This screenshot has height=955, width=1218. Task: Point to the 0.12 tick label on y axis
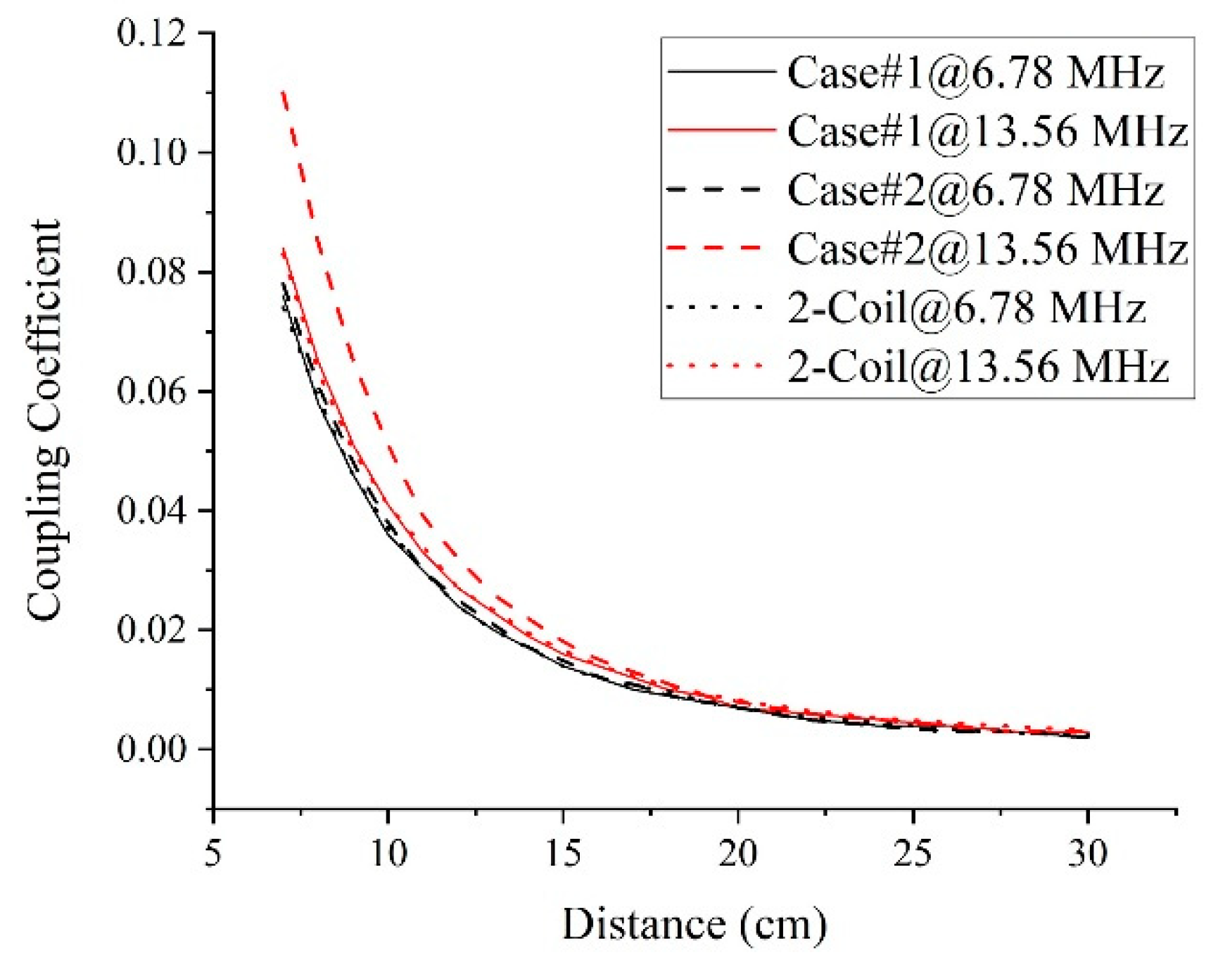pyautogui.click(x=152, y=34)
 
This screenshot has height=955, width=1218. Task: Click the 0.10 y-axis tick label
pyautogui.click(x=152, y=153)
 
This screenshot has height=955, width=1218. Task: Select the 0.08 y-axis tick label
pyautogui.click(x=152, y=272)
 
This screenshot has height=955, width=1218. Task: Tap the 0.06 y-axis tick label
pyautogui.click(x=152, y=391)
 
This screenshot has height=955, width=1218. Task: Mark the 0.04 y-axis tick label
pyautogui.click(x=152, y=510)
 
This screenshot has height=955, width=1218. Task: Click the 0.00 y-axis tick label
pyautogui.click(x=152, y=749)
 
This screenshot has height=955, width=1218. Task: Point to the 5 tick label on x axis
pyautogui.click(x=212, y=854)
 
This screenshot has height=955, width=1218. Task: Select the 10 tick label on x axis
pyautogui.click(x=388, y=854)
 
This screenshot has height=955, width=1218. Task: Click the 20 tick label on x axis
pyautogui.click(x=737, y=854)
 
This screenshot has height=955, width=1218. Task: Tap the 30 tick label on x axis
pyautogui.click(x=1088, y=854)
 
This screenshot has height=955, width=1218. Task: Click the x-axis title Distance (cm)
pyautogui.click(x=694, y=924)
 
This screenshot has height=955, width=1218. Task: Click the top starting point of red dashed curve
pyautogui.click(x=283, y=91)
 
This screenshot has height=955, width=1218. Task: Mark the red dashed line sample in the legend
pyautogui.click(x=714, y=249)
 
